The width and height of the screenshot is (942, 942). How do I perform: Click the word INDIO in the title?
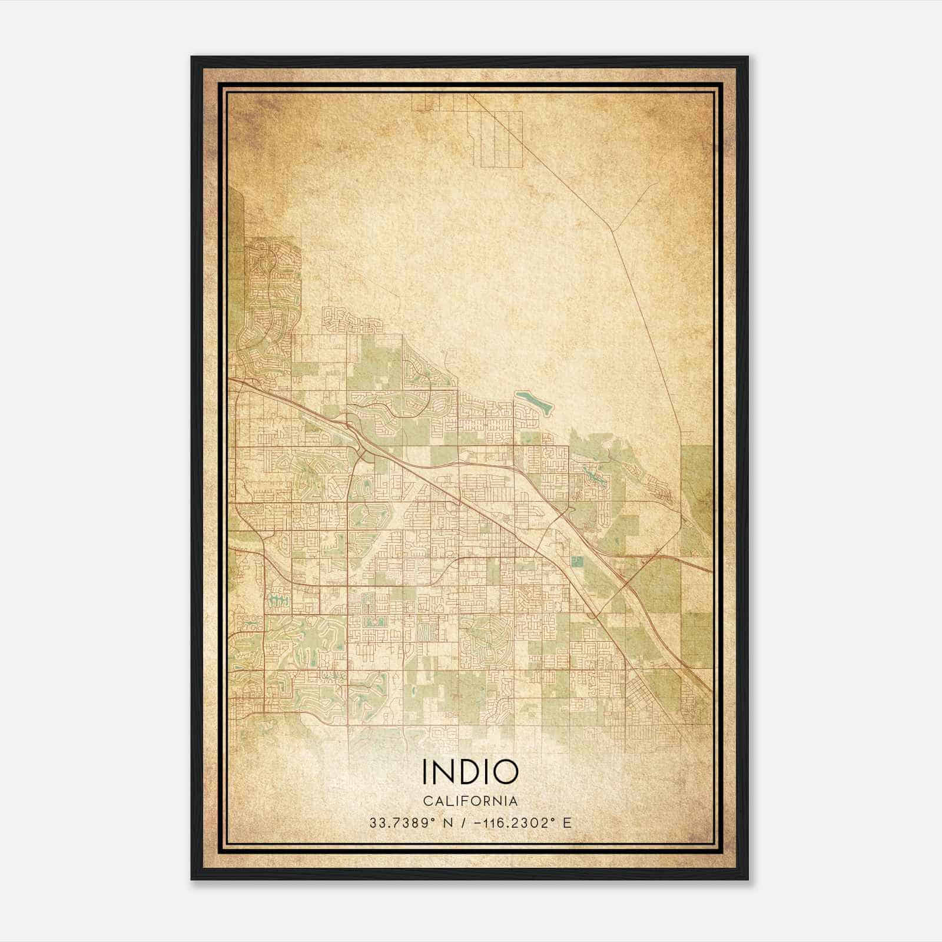[x=470, y=772]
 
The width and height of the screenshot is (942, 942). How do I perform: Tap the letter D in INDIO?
[x=469, y=772]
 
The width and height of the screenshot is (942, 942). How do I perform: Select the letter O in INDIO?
[x=505, y=772]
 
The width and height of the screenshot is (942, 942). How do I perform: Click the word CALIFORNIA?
[x=470, y=801]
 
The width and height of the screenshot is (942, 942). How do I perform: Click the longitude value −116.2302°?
[x=515, y=823]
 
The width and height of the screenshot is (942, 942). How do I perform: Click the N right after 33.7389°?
[x=448, y=823]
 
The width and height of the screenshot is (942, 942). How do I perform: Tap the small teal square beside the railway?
[x=575, y=562]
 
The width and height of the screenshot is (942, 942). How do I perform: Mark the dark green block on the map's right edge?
[x=697, y=489]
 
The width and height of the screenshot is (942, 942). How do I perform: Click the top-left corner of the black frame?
[x=193, y=58]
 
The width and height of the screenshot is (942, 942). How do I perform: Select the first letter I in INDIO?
[x=425, y=772]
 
